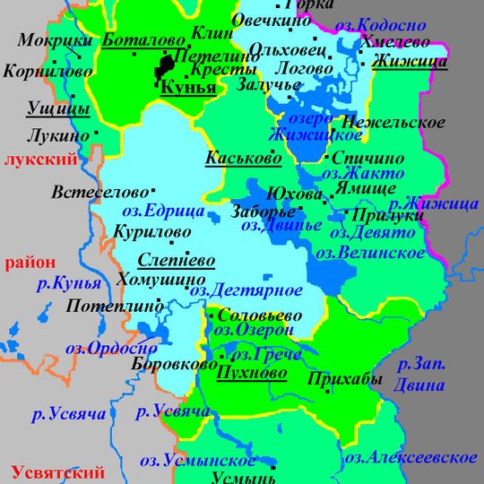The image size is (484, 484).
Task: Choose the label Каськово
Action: pos(243,159)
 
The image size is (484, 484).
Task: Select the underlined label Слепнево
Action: pos(177,261)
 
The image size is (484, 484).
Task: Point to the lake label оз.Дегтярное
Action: pos(245,290)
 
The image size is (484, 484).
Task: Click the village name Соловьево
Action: pos(261,316)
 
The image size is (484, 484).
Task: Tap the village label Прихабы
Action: pos(344,379)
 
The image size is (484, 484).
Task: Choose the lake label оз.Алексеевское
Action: pos(411,458)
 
